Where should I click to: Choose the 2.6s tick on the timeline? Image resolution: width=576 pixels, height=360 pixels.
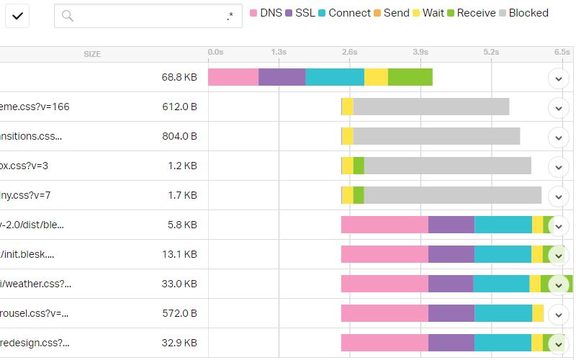coord(349,52)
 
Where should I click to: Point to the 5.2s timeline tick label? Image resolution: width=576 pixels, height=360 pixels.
coord(491,52)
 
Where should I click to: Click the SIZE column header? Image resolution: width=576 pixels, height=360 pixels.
coord(92,54)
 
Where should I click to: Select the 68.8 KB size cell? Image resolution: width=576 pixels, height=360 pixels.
coord(179,77)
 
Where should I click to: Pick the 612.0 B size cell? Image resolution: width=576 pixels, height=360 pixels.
coord(179,107)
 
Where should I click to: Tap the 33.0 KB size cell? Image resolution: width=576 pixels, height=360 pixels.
coord(179,284)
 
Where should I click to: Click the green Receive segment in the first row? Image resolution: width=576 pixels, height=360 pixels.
coord(410,77)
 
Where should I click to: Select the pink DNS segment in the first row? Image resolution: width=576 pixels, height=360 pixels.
coord(233,77)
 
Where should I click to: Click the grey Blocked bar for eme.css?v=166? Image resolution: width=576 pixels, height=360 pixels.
coord(431,107)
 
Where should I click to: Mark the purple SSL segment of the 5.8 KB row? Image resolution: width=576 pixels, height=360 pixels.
coord(451,225)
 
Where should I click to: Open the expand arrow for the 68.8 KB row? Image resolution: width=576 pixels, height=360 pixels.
coord(559,78)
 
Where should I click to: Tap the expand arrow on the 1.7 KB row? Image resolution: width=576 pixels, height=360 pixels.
coord(559,196)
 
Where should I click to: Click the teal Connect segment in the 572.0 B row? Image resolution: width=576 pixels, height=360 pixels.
coord(503,313)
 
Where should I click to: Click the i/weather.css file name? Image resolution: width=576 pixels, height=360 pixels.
coord(35,284)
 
